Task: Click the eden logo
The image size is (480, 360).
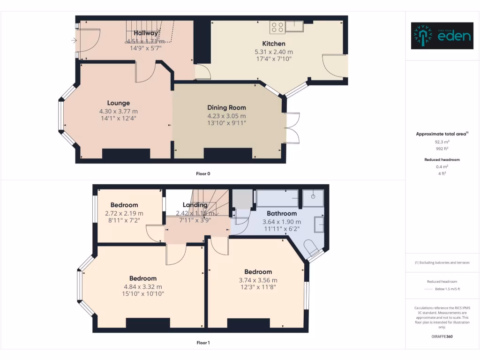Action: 442,36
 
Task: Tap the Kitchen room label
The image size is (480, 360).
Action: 274,44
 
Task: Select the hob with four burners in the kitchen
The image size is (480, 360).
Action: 277,28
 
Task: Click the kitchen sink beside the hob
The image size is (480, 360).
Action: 294,26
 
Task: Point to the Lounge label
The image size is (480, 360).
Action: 118,103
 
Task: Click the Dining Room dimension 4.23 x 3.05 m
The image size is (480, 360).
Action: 226,116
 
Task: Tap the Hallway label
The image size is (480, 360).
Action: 145,33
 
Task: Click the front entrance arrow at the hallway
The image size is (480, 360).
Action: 74,41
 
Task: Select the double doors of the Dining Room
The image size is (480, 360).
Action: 292,127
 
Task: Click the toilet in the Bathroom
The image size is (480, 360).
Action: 312,246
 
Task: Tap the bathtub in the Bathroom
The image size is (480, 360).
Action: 277,199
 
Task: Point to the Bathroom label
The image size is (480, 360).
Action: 282,213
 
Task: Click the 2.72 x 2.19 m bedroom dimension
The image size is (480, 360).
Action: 124,213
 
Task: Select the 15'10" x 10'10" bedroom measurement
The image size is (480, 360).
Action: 143,294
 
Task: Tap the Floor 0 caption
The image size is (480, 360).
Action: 203,174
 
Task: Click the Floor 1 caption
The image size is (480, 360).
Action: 203,343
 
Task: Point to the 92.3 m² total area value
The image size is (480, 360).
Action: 442,141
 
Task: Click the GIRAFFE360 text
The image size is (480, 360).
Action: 442,336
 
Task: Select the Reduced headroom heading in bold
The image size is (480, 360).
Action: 442,159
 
